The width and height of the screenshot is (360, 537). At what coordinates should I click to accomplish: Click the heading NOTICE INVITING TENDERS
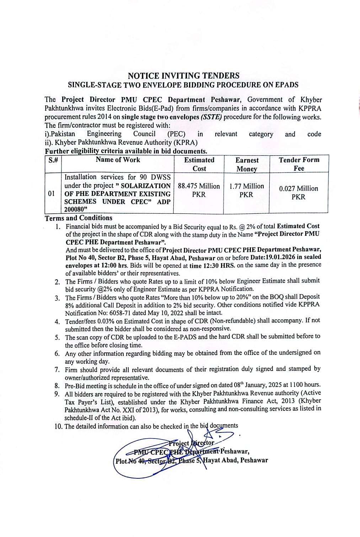pos(183,76)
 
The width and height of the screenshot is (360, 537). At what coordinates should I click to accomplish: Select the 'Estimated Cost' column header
pos(199,164)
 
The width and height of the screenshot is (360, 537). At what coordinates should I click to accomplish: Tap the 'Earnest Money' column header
pos(247,164)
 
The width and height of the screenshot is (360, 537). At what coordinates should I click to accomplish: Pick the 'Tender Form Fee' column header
pos(299,164)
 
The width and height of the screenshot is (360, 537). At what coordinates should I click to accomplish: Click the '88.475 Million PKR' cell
pos(199,190)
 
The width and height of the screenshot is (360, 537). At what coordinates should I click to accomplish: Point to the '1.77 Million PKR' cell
pos(246,190)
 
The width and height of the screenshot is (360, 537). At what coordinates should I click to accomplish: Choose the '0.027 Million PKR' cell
pos(299,192)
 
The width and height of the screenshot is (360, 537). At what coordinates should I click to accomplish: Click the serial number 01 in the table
pos(52,194)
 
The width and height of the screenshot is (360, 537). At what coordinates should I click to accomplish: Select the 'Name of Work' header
pos(118,160)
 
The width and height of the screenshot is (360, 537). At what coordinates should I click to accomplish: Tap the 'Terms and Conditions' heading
pos(79,218)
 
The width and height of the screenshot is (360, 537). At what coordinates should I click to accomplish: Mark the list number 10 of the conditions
pos(59,426)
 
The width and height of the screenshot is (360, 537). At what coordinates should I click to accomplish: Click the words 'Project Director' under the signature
pos(192,443)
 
